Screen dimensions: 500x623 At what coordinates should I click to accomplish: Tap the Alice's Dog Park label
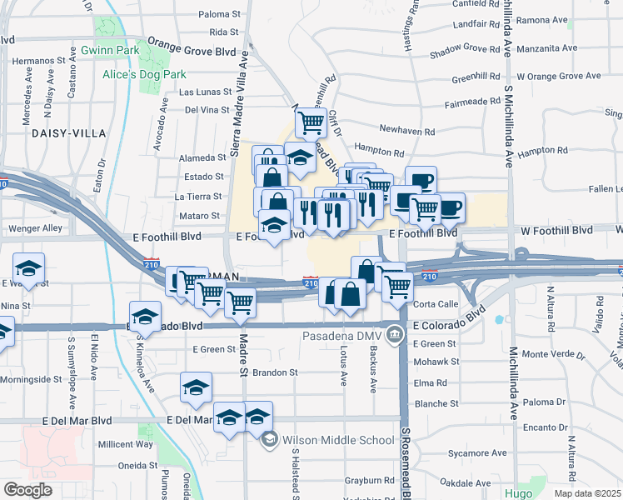click(x=144, y=74)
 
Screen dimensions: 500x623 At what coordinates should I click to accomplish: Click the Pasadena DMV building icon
click(x=395, y=336)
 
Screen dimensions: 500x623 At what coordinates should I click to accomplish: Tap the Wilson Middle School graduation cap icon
click(x=269, y=440)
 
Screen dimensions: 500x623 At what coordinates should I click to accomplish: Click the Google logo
click(x=27, y=489)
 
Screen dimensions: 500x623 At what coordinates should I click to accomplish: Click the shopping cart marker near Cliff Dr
click(x=310, y=123)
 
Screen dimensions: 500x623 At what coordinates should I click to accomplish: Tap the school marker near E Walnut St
click(x=28, y=268)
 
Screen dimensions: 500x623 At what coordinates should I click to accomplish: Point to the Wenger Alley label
click(x=35, y=228)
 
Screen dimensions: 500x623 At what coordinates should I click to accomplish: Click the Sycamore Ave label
click(x=483, y=453)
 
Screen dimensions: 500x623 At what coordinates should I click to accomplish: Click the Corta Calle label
click(x=436, y=305)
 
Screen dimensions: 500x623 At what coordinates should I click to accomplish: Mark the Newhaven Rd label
click(x=406, y=132)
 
